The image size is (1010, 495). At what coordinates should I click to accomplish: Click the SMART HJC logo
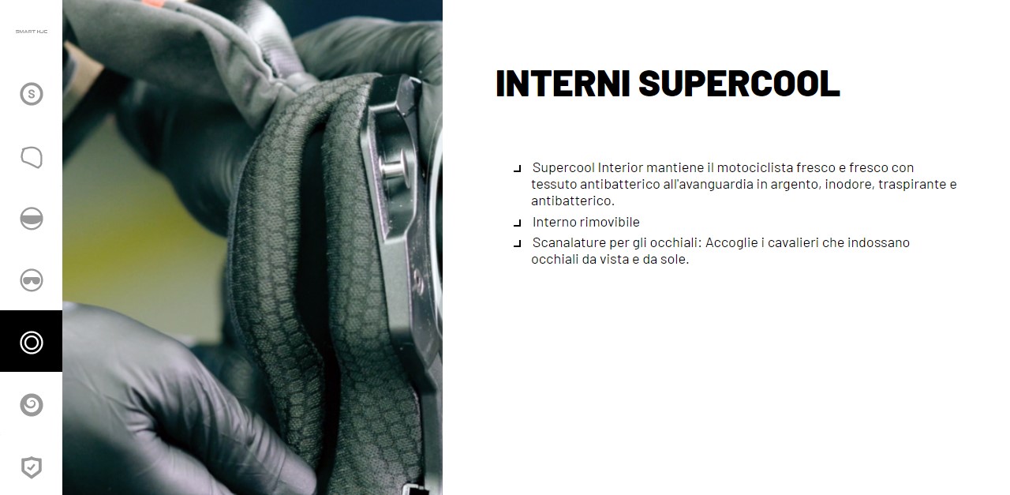click(x=32, y=32)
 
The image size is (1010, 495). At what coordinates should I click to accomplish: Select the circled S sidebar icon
click(x=32, y=94)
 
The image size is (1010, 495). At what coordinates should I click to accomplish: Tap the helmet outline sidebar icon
click(x=32, y=157)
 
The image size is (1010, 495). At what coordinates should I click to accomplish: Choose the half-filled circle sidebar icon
click(x=32, y=219)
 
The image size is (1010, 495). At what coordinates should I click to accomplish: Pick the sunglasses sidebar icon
click(x=32, y=280)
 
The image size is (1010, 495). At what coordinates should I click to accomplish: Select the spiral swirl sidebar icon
click(x=32, y=405)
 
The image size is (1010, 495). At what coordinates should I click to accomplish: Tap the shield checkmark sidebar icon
click(x=32, y=467)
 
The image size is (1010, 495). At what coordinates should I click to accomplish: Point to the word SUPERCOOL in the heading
click(x=739, y=84)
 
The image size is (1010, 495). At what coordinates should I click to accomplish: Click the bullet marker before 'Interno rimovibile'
click(x=518, y=223)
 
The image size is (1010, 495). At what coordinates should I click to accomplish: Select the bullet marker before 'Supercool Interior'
click(x=518, y=169)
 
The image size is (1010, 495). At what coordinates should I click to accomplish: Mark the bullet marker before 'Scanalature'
click(x=518, y=244)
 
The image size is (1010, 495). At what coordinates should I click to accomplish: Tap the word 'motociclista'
click(x=755, y=168)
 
